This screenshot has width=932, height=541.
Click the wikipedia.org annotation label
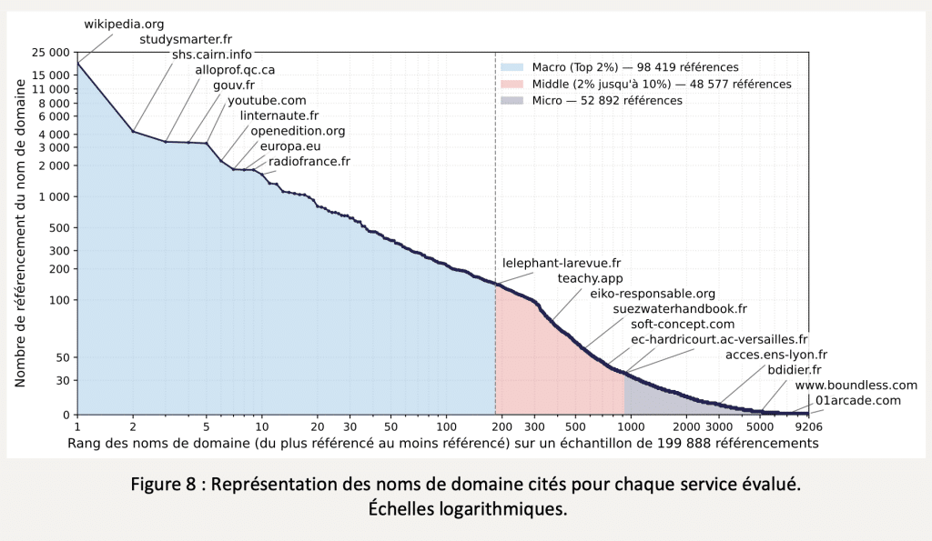click(124, 25)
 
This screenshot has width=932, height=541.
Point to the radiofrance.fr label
click(309, 161)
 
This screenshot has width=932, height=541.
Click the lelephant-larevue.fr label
click(562, 263)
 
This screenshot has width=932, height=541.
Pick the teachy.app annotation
click(590, 278)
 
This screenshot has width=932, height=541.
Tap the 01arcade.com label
click(858, 400)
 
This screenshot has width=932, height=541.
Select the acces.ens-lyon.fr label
click(776, 355)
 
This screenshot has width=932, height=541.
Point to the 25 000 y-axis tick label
click(50, 53)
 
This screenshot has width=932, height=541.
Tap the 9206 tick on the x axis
click(808, 426)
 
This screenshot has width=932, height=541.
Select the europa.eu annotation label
click(290, 145)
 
